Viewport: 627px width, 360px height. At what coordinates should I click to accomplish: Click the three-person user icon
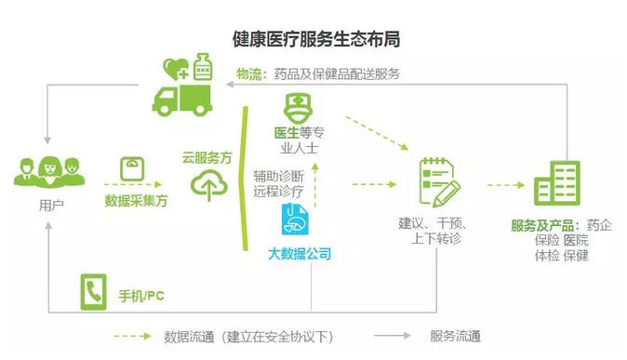pyautogui.click(x=47, y=171)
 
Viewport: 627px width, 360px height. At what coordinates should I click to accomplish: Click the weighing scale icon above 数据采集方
pyautogui.click(x=131, y=168)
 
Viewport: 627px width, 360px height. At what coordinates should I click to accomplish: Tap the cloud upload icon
pyautogui.click(x=207, y=188)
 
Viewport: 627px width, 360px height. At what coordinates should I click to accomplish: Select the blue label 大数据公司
pyautogui.click(x=299, y=253)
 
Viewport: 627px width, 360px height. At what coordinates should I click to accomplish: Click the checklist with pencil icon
pyautogui.click(x=437, y=182)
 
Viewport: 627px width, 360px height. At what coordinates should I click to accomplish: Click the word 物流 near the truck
pyautogui.click(x=248, y=73)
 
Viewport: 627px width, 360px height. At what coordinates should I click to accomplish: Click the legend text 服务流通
pyautogui.click(x=455, y=336)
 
